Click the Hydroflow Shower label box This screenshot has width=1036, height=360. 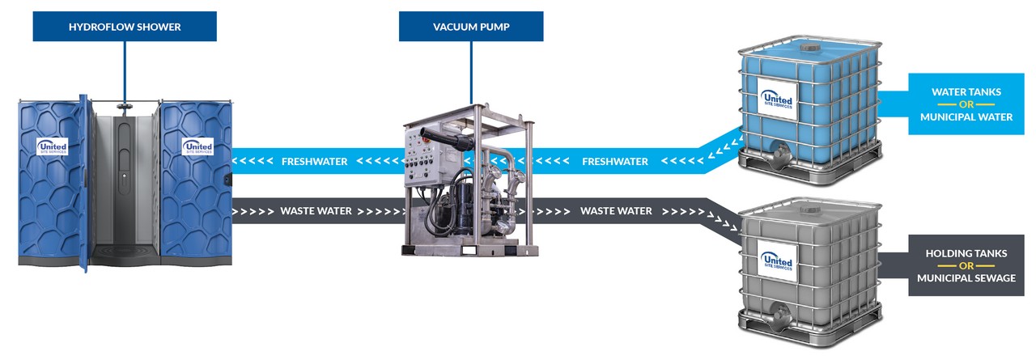tap(125, 27)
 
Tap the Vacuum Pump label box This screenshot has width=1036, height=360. tap(470, 27)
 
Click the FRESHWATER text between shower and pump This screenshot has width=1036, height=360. tap(314, 162)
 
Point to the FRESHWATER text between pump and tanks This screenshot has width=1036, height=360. tap(614, 162)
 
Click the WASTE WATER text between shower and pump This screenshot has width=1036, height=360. tap(316, 211)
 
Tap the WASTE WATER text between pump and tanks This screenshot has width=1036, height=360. tap(615, 211)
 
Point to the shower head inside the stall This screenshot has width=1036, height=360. tap(123, 106)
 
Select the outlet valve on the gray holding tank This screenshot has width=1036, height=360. tap(779, 311)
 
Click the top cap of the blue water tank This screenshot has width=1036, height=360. tap(809, 48)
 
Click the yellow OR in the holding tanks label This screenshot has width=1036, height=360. tap(966, 266)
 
